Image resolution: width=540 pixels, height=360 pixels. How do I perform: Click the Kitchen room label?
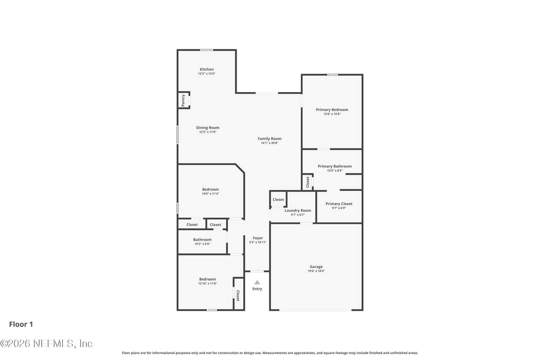tap(207, 69)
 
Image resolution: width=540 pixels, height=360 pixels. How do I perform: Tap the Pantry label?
tap(183, 100)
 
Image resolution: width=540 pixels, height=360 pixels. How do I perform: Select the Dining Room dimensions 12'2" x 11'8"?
tap(208, 132)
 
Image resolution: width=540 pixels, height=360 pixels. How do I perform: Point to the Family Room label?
tap(270, 139)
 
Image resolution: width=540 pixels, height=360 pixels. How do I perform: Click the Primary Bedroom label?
tap(332, 110)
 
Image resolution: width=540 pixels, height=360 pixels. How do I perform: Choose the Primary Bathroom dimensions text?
tap(335, 171)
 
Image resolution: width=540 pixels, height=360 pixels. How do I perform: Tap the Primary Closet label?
tap(339, 204)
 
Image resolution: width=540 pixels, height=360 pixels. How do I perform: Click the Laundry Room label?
tap(298, 211)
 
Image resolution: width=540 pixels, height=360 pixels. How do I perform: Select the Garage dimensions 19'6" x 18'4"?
tap(316, 271)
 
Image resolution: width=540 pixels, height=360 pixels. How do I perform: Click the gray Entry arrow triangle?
tap(257, 282)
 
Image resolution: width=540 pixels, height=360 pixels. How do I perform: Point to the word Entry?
tap(257, 289)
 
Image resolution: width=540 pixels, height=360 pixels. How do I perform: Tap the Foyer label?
tap(258, 238)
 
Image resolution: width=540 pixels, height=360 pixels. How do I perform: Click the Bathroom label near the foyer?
tap(202, 240)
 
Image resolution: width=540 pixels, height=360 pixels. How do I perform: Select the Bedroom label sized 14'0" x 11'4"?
tap(211, 189)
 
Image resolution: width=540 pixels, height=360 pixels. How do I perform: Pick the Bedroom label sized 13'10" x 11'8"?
tap(207, 279)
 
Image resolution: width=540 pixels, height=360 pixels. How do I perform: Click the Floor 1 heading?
tap(21, 324)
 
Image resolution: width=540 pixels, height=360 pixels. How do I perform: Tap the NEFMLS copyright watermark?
tap(46, 344)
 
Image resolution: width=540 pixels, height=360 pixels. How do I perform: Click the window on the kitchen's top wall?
tap(207, 50)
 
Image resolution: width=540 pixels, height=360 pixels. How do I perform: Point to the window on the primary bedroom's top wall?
tap(332, 75)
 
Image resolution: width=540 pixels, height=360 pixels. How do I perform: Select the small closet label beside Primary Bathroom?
tap(308, 182)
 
